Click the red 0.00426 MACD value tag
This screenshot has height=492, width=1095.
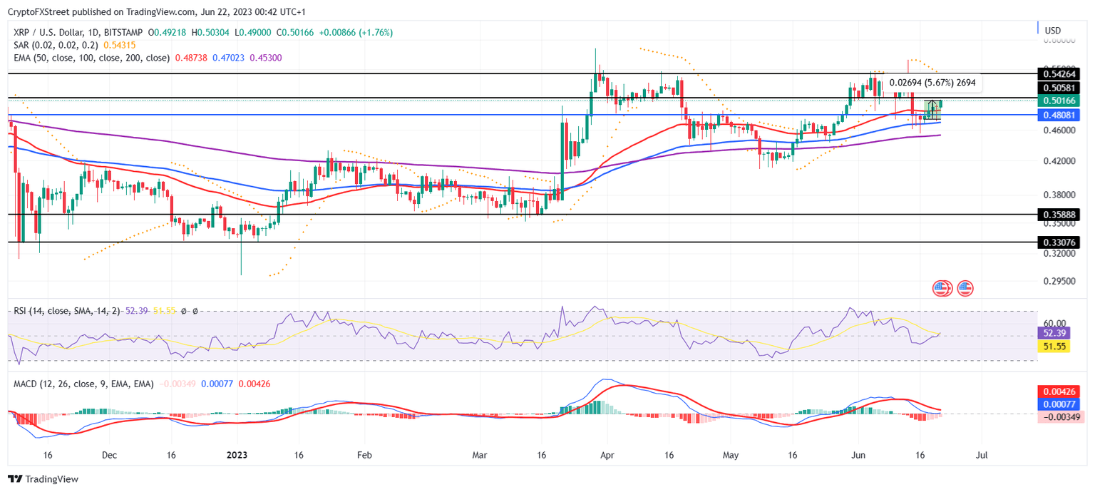point(1058,391)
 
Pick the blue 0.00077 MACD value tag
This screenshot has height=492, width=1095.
point(1058,404)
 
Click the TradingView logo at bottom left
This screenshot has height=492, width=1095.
point(43,479)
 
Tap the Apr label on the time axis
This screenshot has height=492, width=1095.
point(607,454)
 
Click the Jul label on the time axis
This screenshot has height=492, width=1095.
point(981,454)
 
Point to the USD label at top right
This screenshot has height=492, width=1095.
point(1053,31)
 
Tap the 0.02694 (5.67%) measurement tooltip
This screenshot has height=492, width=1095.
point(932,83)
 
